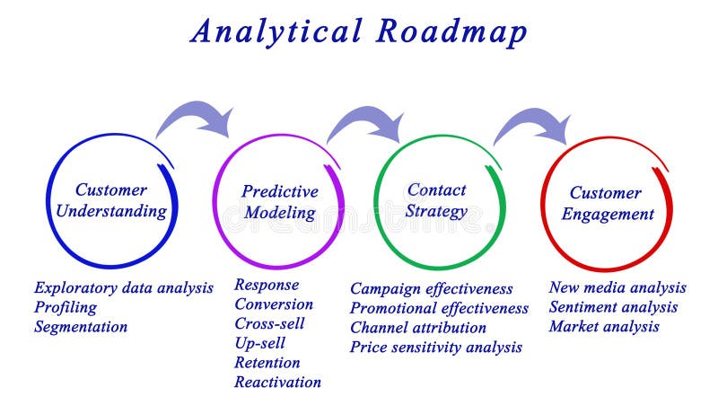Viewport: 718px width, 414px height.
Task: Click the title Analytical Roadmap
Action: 359,31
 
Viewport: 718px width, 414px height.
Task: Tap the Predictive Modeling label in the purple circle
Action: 279,202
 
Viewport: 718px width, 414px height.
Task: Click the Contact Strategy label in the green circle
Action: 436,200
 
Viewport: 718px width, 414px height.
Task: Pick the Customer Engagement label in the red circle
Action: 608,203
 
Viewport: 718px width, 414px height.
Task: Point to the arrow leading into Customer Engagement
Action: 536,124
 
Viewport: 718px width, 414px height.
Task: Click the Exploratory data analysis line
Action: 124,288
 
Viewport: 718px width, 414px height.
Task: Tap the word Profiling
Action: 65,307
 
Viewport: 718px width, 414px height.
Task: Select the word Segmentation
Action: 81,327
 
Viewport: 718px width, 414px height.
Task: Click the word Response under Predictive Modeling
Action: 267,285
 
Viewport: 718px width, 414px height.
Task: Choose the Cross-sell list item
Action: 269,324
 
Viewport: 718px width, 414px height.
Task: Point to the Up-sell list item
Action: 260,343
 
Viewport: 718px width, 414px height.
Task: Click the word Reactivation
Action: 277,382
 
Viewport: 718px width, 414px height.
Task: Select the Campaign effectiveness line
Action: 431,289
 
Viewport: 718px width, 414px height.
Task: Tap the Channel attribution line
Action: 417,328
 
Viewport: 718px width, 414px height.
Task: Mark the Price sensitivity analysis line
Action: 435,348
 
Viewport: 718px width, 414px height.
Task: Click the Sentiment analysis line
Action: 613,307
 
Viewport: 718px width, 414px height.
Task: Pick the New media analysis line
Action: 617,287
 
